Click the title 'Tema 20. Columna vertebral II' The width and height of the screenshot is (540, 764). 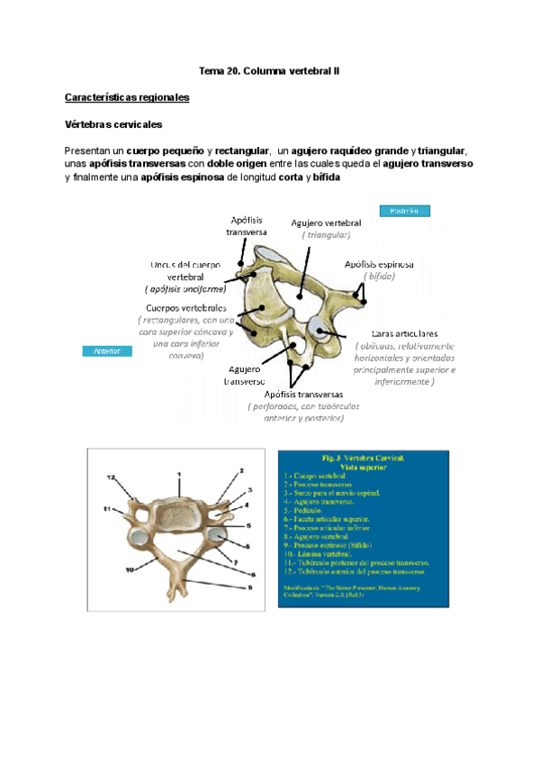(269, 69)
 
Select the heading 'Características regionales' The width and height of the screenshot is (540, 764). (127, 96)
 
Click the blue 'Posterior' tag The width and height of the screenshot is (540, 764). (404, 211)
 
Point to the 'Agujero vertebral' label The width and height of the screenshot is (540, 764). (326, 223)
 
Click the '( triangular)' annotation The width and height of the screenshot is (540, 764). (326, 234)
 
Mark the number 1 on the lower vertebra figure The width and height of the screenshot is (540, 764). (178, 473)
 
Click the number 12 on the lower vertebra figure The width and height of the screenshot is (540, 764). (111, 477)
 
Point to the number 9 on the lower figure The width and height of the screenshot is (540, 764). (252, 562)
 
